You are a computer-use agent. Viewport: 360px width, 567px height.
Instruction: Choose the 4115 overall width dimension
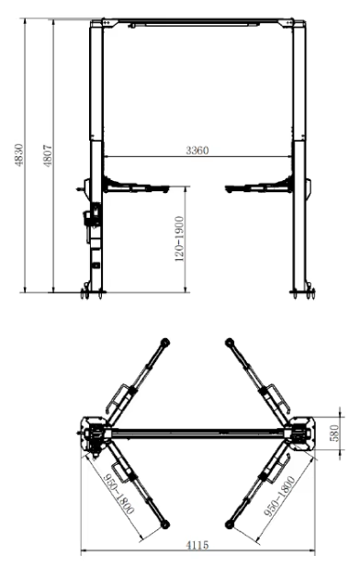click(197, 545)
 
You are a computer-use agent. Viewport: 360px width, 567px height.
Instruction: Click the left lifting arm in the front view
click(138, 187)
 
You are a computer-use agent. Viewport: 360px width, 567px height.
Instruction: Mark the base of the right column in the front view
click(303, 292)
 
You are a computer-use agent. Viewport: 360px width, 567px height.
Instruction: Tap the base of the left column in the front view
click(93, 292)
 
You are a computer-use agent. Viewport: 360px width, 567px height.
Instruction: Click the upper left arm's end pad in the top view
click(164, 342)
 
